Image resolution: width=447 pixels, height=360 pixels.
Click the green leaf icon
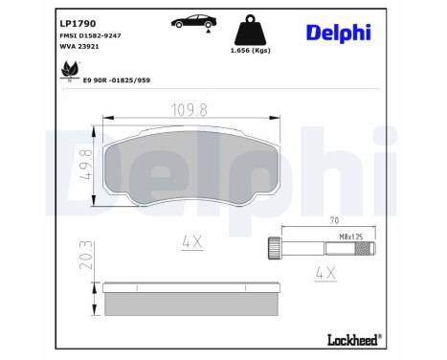(x=68, y=70)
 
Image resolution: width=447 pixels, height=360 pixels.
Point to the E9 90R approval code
(x=117, y=82)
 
